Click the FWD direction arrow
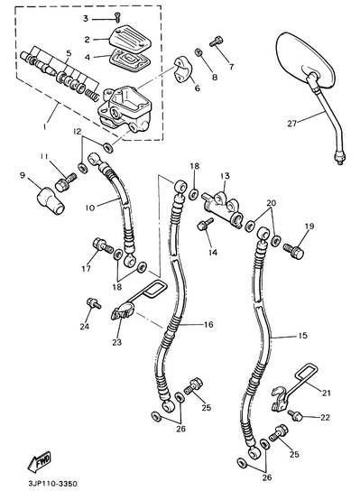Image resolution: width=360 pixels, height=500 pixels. click(x=39, y=462)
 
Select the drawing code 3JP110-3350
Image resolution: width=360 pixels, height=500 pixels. click(x=52, y=484)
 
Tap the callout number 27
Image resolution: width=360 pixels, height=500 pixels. click(x=292, y=123)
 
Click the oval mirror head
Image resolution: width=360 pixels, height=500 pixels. click(x=306, y=60)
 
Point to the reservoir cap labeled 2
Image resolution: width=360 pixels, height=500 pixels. click(x=130, y=41)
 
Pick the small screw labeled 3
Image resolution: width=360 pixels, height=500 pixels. click(x=117, y=16)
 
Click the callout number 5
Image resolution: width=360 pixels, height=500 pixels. click(x=68, y=53)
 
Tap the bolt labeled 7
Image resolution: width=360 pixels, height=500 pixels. click(x=217, y=42)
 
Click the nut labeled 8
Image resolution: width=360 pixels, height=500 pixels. click(x=198, y=52)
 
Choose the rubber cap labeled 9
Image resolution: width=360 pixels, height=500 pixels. click(x=51, y=200)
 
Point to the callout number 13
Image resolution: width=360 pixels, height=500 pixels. click(x=225, y=176)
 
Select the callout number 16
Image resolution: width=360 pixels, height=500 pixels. click(x=208, y=325)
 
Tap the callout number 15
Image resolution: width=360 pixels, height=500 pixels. click(x=302, y=336)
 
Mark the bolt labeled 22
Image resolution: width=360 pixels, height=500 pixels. click(x=295, y=415)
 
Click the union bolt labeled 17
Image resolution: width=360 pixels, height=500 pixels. click(x=103, y=245)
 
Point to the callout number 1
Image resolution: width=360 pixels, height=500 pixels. click(x=46, y=126)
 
